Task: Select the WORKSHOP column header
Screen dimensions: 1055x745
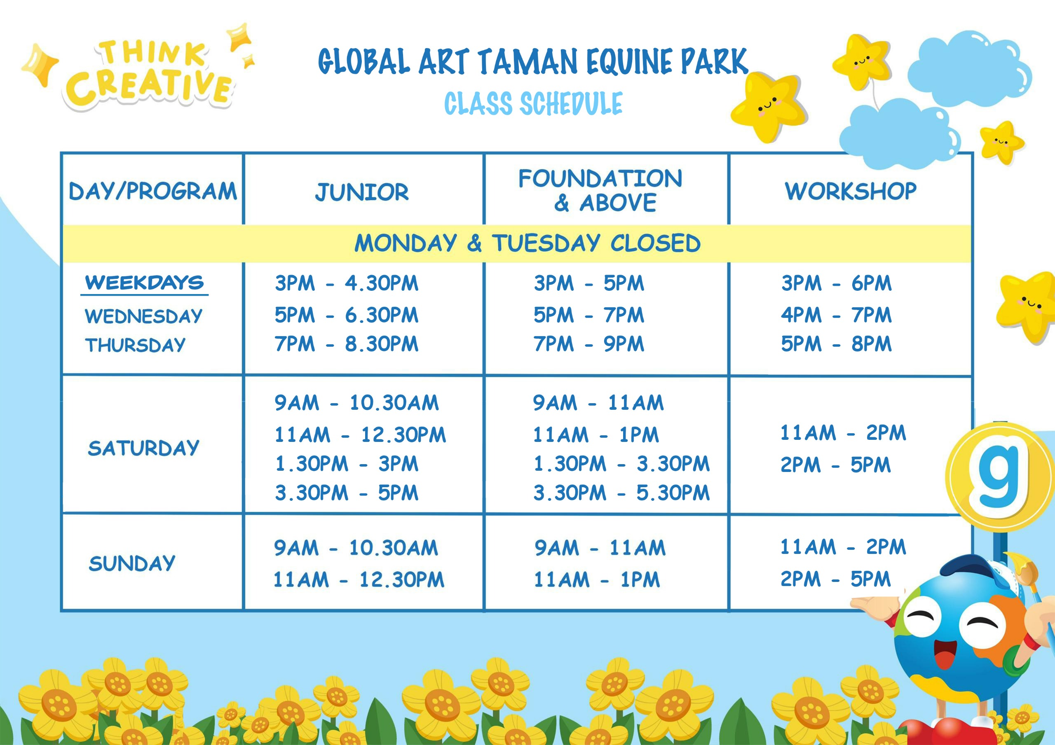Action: [x=851, y=191]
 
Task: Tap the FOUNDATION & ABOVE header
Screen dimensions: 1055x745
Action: [x=600, y=190]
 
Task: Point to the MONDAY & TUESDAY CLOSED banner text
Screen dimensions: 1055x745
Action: [x=527, y=243]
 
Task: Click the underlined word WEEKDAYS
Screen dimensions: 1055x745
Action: [x=144, y=283]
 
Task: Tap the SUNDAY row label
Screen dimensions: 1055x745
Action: [x=132, y=563]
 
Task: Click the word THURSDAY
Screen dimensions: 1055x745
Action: [x=135, y=345]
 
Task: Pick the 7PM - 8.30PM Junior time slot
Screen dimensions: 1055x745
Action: [x=347, y=343]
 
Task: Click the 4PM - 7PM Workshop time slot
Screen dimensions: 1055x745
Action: [x=836, y=315]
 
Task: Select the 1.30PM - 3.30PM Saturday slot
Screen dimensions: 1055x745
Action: [x=621, y=464]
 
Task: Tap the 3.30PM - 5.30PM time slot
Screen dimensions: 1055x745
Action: [x=621, y=493]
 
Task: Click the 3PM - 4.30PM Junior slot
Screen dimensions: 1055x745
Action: [x=347, y=283]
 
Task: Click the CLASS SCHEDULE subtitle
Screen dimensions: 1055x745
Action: [x=533, y=103]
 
